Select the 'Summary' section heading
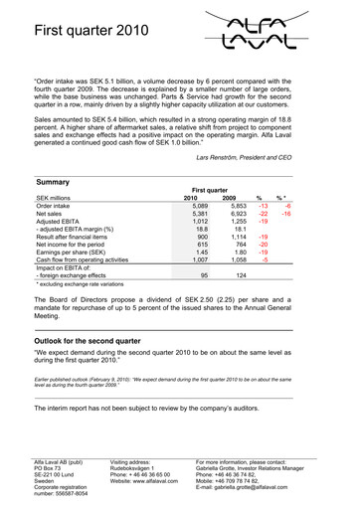53,183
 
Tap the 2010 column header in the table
196,199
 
